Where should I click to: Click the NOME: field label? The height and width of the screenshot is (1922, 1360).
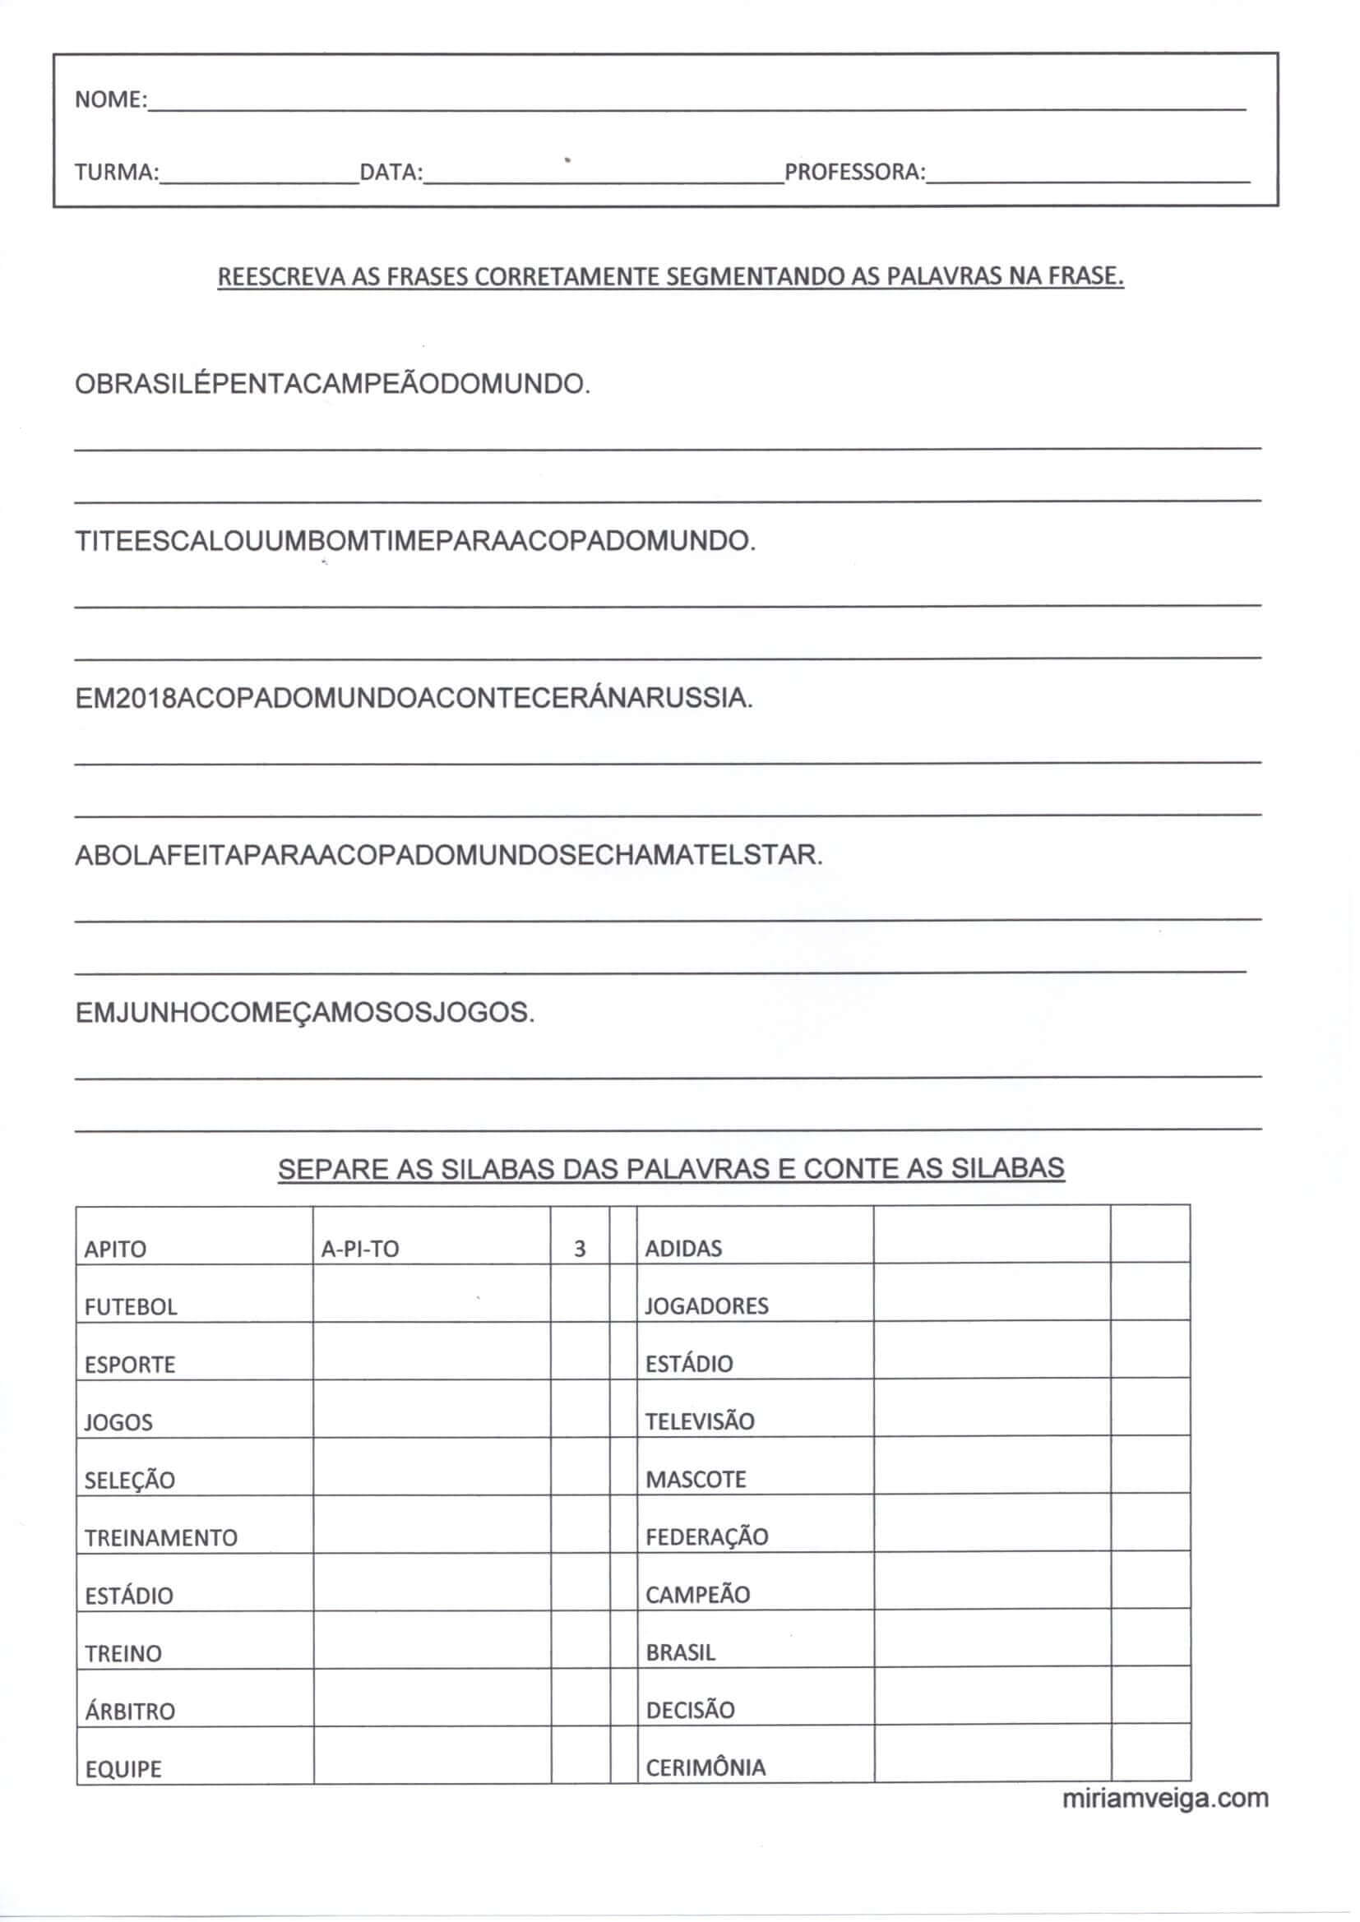pos(110,99)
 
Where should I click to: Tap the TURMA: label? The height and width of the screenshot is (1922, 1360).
pos(117,173)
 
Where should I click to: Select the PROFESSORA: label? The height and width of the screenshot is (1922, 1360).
pos(855,173)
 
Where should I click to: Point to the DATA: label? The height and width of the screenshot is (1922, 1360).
pos(391,173)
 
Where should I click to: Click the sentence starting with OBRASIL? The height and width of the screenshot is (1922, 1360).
pos(332,385)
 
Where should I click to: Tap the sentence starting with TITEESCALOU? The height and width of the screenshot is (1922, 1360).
pos(415,542)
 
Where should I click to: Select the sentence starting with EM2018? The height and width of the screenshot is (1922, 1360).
pos(414,698)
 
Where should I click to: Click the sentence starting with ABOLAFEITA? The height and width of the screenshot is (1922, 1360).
pos(449,856)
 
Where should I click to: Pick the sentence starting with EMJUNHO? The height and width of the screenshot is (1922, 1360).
pos(305,1013)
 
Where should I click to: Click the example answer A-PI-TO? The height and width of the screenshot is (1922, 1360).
pos(360,1249)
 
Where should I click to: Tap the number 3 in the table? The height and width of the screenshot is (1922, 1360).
pos(580,1249)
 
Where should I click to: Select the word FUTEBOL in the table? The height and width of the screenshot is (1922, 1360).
pos(131,1307)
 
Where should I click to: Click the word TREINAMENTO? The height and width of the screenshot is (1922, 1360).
pos(161,1538)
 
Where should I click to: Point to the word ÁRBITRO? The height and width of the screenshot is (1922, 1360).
pos(130,1712)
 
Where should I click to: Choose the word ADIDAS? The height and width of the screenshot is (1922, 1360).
pos(683,1248)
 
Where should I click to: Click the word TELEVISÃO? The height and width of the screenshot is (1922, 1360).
pos(699,1421)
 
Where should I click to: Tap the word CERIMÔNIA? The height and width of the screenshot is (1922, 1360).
pos(705,1768)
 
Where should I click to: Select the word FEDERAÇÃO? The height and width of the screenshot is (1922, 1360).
pos(707,1537)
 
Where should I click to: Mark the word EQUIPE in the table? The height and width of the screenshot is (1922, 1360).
pos(123,1770)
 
